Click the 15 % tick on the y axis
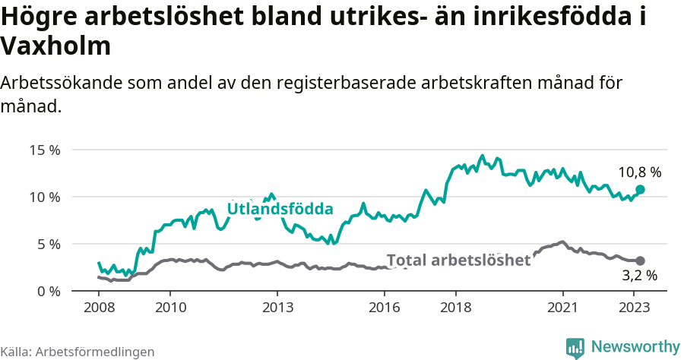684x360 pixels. [44, 150]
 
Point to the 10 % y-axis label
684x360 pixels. [44, 197]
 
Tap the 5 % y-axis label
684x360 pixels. [47, 244]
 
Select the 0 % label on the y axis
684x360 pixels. [47, 291]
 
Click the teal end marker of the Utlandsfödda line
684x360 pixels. [640, 189]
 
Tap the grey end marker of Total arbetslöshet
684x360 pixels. [640, 261]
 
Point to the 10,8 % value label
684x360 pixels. [639, 172]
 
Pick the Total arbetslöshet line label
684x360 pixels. [458, 260]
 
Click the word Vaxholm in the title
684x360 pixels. [56, 46]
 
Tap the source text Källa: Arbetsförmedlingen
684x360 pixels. [78, 352]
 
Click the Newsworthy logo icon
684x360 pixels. [575, 347]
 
